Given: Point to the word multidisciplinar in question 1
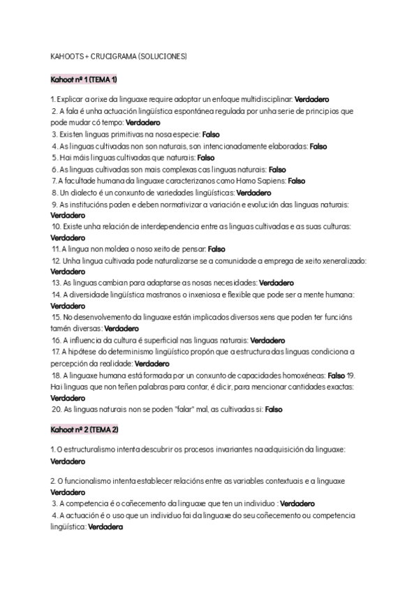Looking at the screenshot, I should (x=261, y=101).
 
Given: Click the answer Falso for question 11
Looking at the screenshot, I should (x=217, y=249).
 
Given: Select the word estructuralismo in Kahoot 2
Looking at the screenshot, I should (x=91, y=450).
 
